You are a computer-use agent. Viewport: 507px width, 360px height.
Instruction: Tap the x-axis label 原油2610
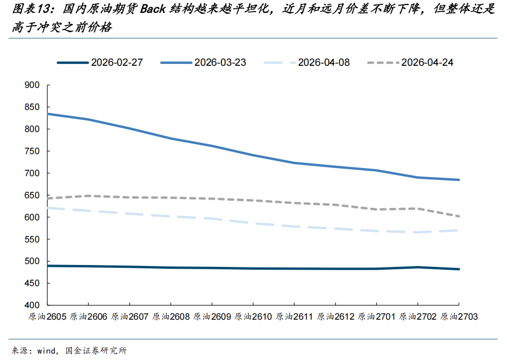click(x=253, y=317)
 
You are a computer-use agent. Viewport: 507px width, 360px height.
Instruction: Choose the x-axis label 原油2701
click(x=376, y=317)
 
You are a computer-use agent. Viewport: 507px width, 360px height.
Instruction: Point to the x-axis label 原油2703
click(x=459, y=317)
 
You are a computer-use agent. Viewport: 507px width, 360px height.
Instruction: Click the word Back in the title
click(x=153, y=10)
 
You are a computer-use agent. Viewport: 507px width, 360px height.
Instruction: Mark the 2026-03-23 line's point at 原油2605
click(x=48, y=114)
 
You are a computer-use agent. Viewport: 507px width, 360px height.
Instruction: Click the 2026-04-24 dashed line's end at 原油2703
click(x=459, y=216)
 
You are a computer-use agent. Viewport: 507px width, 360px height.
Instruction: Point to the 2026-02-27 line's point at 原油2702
click(x=418, y=267)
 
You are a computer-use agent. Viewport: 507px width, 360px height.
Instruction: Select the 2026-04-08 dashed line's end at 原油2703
click(x=459, y=230)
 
